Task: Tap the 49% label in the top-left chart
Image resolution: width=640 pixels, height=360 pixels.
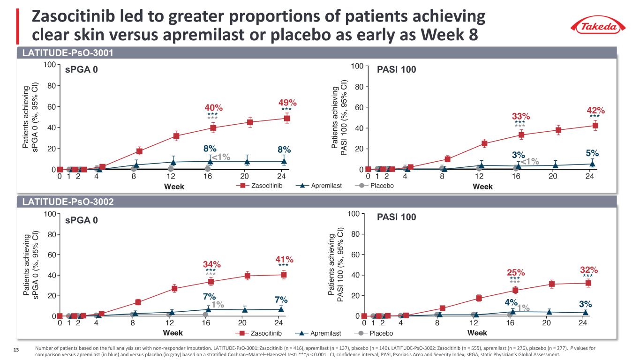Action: tap(288, 102)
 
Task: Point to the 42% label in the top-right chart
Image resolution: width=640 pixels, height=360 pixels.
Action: tap(595, 111)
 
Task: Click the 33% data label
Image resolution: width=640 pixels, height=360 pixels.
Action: tap(520, 116)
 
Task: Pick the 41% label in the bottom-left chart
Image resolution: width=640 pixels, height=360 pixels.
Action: tap(284, 259)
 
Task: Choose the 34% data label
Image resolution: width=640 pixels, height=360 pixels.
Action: tap(211, 264)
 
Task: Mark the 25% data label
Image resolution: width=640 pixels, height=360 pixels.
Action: tap(515, 272)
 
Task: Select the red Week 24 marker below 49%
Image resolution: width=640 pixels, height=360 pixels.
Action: tap(286, 118)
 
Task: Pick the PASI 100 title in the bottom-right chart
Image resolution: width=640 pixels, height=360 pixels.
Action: tap(397, 217)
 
